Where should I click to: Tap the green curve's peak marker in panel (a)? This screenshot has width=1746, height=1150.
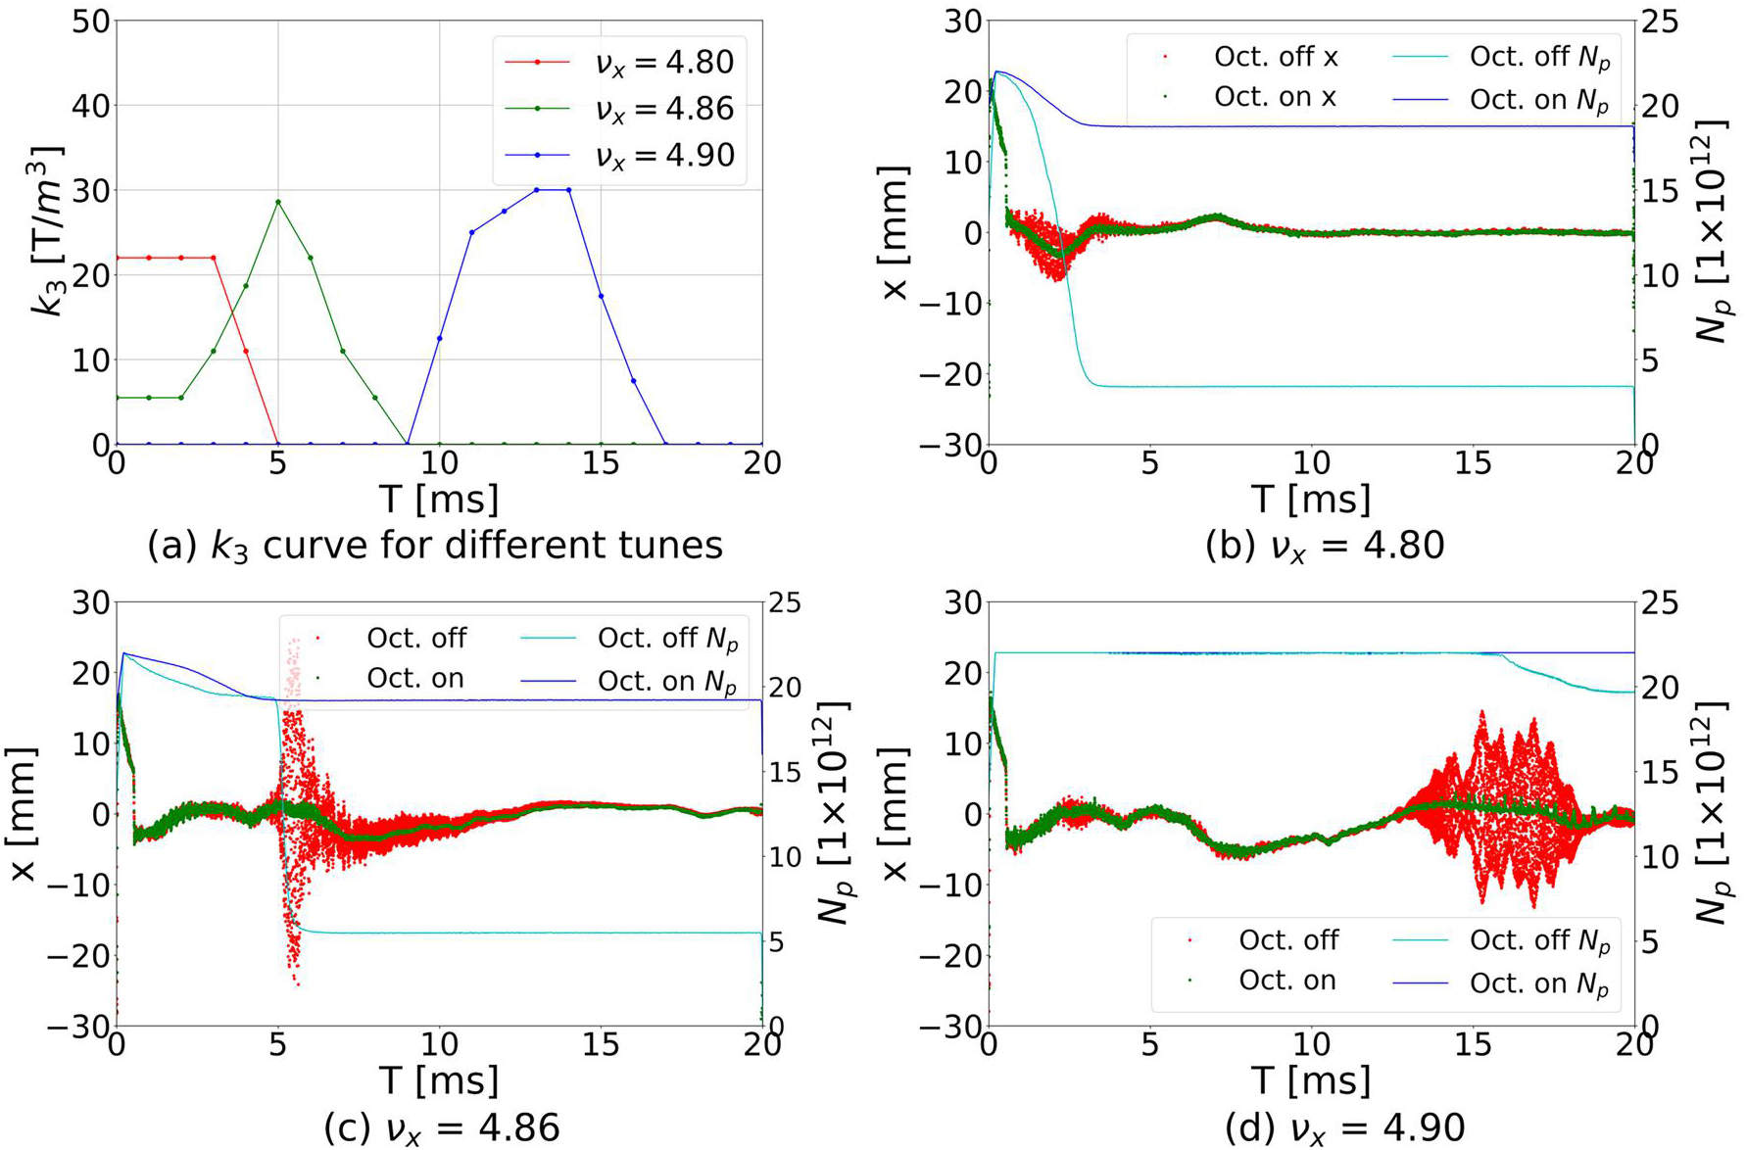coord(278,202)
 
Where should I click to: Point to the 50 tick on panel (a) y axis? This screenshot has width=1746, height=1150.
coord(90,22)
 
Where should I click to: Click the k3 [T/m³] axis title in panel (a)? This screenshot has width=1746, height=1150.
coord(47,231)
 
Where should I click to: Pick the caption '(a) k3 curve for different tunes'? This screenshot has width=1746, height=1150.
coord(435,545)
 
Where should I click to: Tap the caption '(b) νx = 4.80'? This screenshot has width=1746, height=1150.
coord(1325,545)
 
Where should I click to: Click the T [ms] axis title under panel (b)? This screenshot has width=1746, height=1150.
coord(1311,500)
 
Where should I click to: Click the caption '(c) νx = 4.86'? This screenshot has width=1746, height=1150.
coord(441,1127)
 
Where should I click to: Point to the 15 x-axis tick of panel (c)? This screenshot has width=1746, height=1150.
coord(601,1045)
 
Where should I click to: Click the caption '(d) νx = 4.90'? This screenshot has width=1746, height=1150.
coord(1344,1127)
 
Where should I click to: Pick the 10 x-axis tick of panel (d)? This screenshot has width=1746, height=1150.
coord(1311,1045)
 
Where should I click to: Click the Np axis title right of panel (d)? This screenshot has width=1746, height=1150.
coord(1715,813)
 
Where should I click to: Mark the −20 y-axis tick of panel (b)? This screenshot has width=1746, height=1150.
coord(950,374)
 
